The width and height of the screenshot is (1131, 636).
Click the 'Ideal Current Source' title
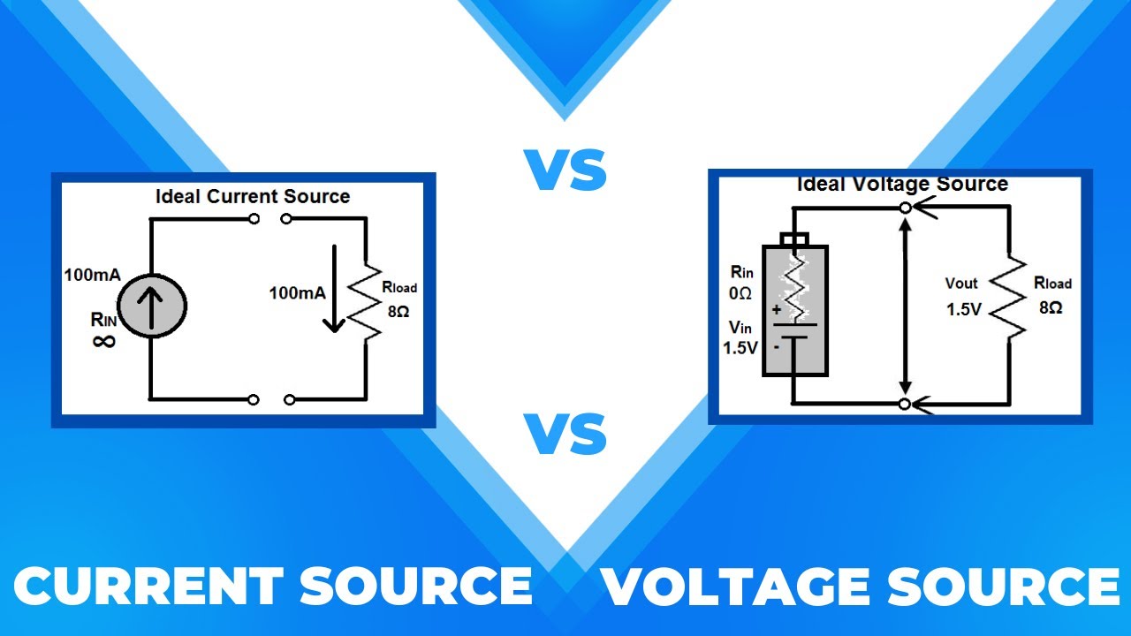pyautogui.click(x=253, y=197)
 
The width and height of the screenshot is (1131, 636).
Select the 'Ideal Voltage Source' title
pyautogui.click(x=902, y=185)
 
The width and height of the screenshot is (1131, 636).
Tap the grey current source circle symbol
pyautogui.click(x=151, y=305)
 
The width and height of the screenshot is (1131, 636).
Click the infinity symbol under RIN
pyautogui.click(x=103, y=341)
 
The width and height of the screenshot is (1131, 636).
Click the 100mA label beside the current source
pyautogui.click(x=92, y=275)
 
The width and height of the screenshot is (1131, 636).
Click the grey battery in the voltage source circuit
pyautogui.click(x=794, y=309)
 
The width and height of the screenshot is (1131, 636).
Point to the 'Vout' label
pyautogui.click(x=961, y=284)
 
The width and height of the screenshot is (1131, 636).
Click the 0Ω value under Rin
pyautogui.click(x=740, y=292)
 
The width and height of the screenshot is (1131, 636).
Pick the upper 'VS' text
pyautogui.click(x=565, y=170)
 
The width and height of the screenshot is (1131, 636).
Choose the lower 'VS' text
pyautogui.click(x=565, y=435)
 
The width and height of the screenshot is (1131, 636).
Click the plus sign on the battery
pyautogui.click(x=777, y=310)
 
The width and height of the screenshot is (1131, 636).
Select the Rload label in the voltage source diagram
pyautogui.click(x=1052, y=284)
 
